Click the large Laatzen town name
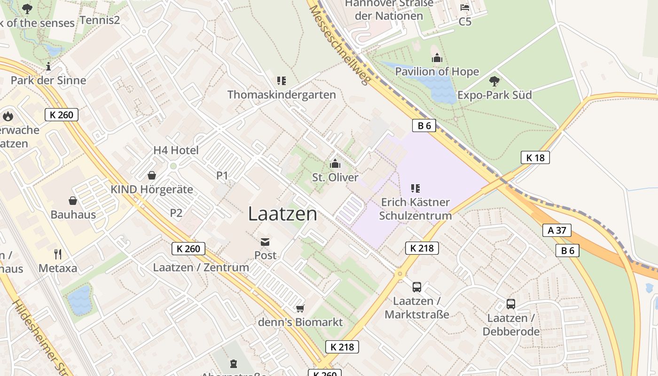pyautogui.click(x=282, y=214)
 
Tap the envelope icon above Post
pyautogui.click(x=265, y=242)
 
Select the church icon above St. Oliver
pyautogui.click(x=335, y=164)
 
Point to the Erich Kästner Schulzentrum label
pyautogui.click(x=415, y=209)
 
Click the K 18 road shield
pyautogui.click(x=535, y=157)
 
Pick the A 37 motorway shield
pyautogui.click(x=557, y=230)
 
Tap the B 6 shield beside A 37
pyautogui.click(x=567, y=251)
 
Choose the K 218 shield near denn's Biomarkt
pyautogui.click(x=342, y=347)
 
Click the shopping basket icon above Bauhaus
pyautogui.click(x=73, y=201)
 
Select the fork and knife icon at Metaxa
pyautogui.click(x=58, y=254)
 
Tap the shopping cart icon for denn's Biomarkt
pyautogui.click(x=300, y=308)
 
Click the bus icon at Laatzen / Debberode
pyautogui.click(x=511, y=304)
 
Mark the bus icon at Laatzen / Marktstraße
pyautogui.click(x=416, y=287)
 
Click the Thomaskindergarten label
pyautogui.click(x=282, y=94)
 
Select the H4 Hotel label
pyautogui.click(x=176, y=150)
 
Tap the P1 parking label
pyautogui.click(x=222, y=176)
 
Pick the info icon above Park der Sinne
pyautogui.click(x=48, y=66)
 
